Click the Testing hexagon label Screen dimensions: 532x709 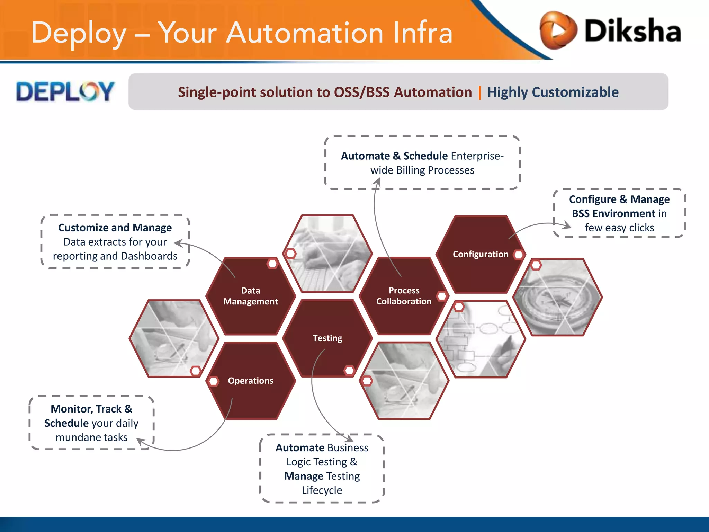coord(327,338)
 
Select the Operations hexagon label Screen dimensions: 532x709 coord(250,381)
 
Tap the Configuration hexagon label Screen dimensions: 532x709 coord(480,254)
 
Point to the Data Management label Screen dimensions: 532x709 coord(250,296)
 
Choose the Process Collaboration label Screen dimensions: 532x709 coord(404,296)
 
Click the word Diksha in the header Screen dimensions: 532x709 coord(633,31)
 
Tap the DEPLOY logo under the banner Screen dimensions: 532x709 coord(65,92)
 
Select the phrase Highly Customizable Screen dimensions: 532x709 coord(553,92)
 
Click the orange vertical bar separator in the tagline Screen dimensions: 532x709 coord(479,92)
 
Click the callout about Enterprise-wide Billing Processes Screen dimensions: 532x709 coord(422,163)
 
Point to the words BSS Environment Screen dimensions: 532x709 coord(613,213)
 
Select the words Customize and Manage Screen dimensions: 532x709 coord(115,228)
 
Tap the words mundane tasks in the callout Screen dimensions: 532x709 coord(91,437)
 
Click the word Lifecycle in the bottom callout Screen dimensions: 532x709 coord(322,490)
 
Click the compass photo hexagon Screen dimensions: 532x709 coord(557,297)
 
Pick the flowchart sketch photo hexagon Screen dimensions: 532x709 coord(481,339)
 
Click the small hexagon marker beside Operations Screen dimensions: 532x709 coord(213,381)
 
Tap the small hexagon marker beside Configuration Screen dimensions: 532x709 coord(519,255)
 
